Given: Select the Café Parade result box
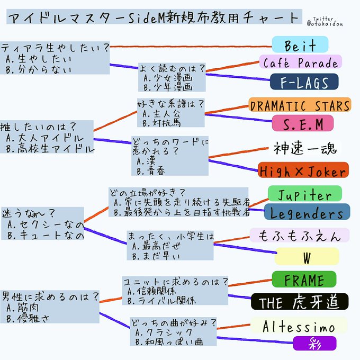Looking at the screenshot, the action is point(300,63).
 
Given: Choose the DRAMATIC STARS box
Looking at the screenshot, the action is point(300,104).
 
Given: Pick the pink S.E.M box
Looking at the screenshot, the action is point(302,123).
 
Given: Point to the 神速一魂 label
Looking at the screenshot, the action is point(304,148).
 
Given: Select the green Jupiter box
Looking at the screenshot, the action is point(304,193).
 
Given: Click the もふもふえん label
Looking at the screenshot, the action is point(299,236).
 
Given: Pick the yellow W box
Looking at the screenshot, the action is point(307,256).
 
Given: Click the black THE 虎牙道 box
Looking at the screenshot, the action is point(299,302).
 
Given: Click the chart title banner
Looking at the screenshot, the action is point(153,16).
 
